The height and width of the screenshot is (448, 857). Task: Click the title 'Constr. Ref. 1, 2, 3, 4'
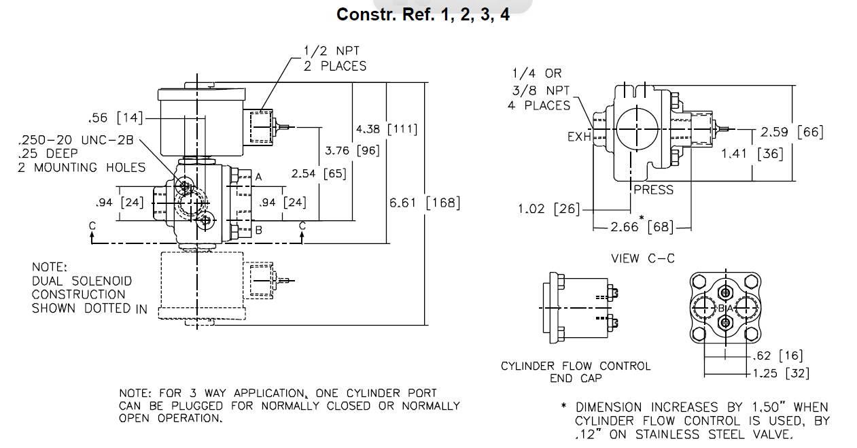click(423, 15)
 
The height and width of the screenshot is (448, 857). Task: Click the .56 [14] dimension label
click(116, 118)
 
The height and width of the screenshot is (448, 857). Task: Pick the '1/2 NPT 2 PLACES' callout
click(334, 58)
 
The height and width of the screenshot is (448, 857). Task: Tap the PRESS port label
click(653, 190)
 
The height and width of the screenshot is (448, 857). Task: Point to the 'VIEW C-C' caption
click(643, 258)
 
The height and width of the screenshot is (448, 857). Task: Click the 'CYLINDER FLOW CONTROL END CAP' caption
click(576, 372)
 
